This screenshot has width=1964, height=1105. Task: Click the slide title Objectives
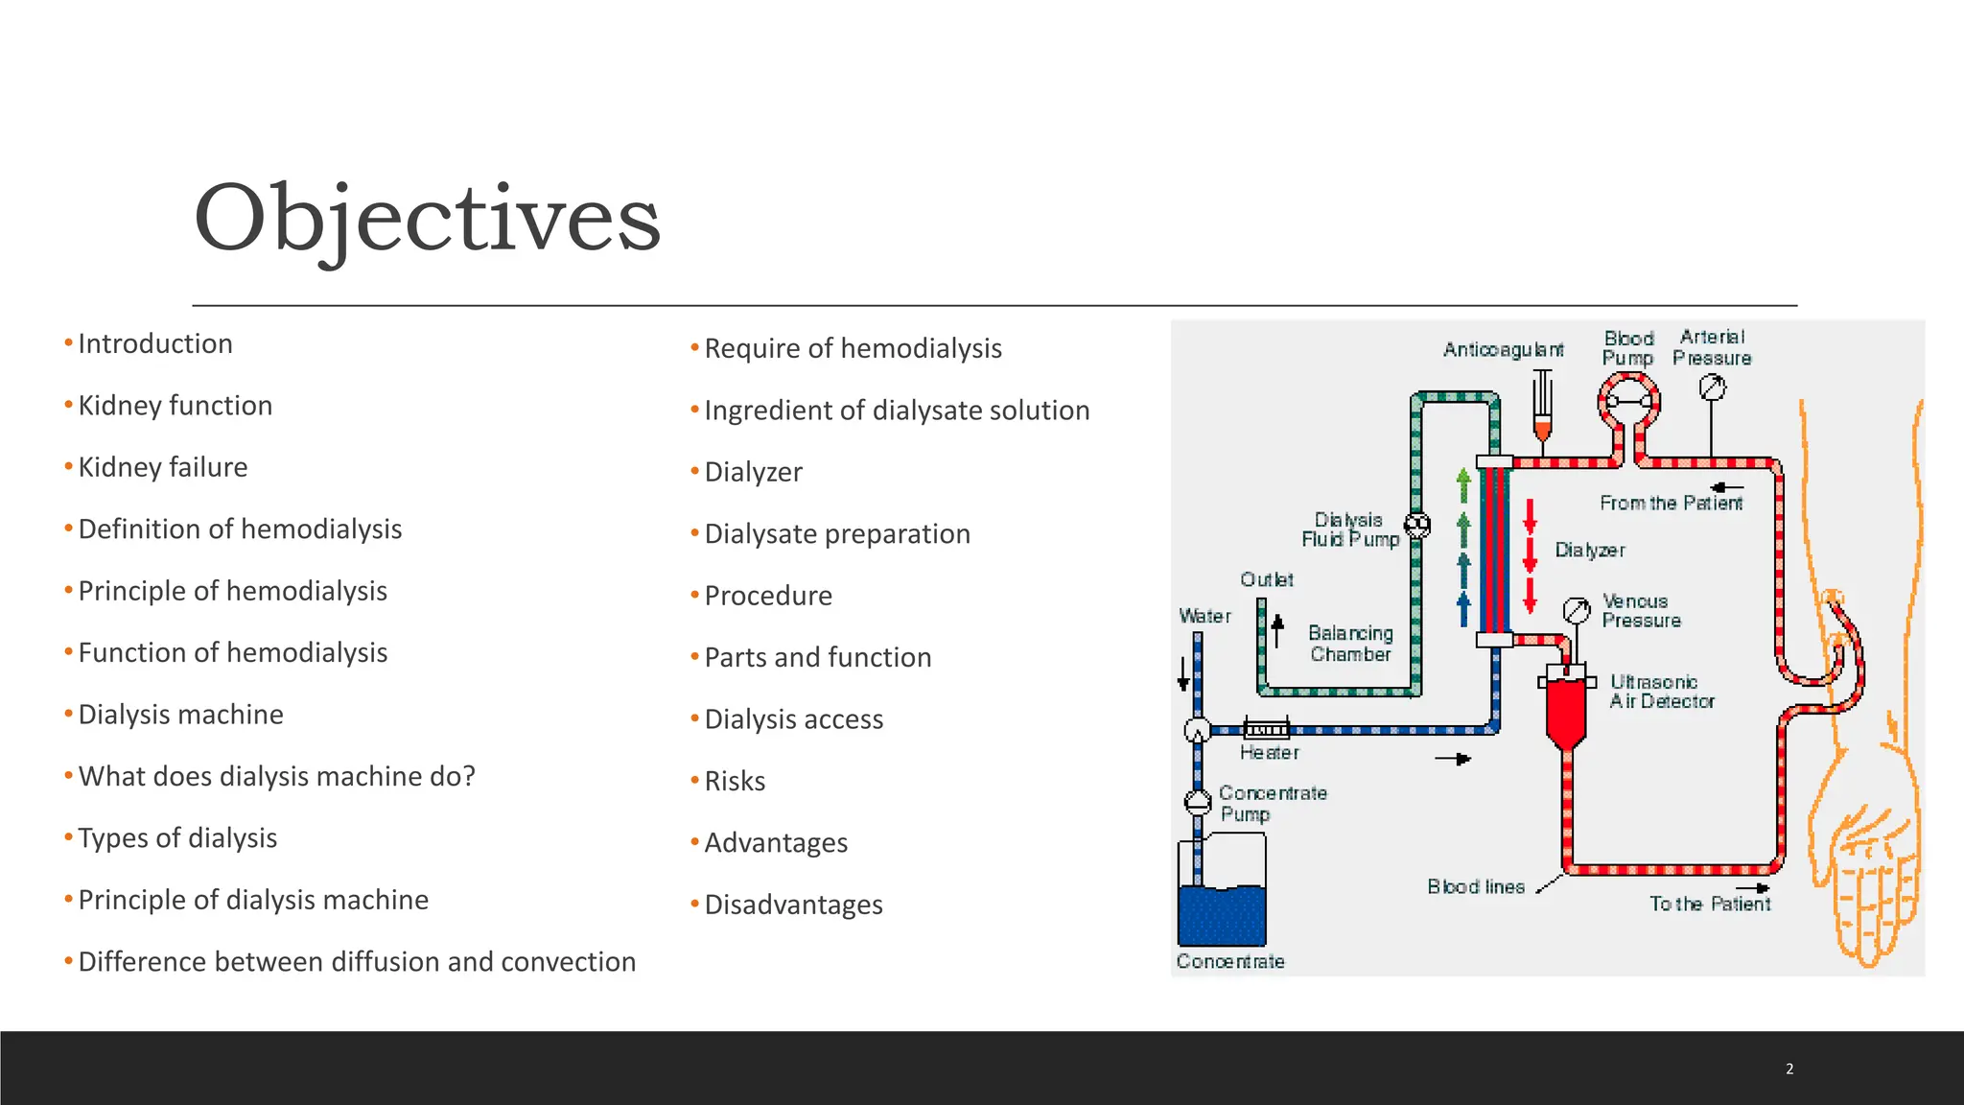coord(427,219)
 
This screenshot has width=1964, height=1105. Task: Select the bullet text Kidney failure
coord(162,467)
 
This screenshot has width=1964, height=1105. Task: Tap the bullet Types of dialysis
coord(177,838)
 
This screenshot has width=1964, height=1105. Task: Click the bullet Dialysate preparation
coord(836,534)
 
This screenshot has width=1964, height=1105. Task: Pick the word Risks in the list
coord(735,782)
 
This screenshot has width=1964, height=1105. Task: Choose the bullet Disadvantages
coord(793,905)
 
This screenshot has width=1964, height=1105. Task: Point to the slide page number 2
coord(1789,1069)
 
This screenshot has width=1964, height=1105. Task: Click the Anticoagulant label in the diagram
coord(1503,350)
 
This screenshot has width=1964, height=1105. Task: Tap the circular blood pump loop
coord(1628,402)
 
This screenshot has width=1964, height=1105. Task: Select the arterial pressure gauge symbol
coord(1712,388)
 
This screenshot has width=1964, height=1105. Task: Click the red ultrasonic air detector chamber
coord(1566,710)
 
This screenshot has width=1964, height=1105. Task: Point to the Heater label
coord(1269,753)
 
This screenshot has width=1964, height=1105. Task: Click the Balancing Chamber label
coord(1350,644)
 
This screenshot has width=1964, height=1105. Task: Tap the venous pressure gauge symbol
coord(1577,610)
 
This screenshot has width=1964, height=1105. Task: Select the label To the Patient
coord(1709,904)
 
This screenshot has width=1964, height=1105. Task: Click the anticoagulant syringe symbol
coord(1542,407)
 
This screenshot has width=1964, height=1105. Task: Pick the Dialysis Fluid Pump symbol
coord(1417,526)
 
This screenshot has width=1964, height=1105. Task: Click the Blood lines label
coord(1475,887)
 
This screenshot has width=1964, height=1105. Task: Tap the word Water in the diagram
coord(1204,616)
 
